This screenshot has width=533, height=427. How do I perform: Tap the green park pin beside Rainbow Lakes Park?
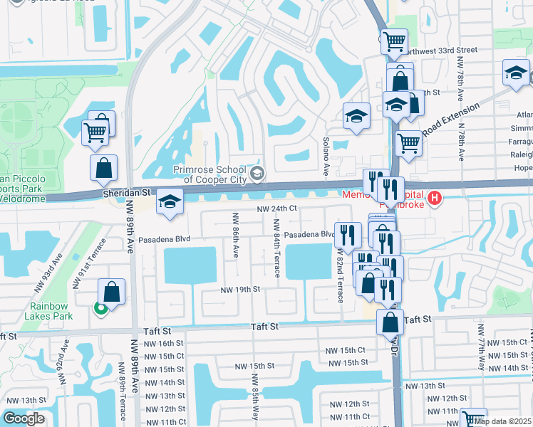[x=101, y=308]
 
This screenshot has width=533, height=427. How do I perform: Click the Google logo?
[x=24, y=418]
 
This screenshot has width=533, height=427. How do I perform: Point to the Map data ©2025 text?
[x=503, y=421]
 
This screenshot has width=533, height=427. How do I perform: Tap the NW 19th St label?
[x=240, y=290]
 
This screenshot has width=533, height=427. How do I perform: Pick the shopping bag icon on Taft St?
[x=390, y=322]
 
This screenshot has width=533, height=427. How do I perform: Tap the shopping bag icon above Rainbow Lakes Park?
[x=113, y=291]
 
